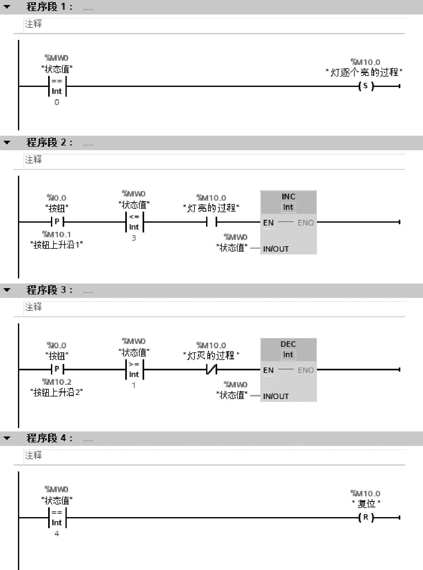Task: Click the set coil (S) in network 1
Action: click(x=366, y=86)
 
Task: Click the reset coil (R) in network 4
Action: click(x=366, y=517)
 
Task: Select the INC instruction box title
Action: click(x=288, y=197)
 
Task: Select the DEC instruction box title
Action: click(x=288, y=344)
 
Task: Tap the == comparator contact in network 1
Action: click(x=57, y=86)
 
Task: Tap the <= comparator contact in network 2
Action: click(x=134, y=222)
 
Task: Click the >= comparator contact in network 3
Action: click(x=134, y=369)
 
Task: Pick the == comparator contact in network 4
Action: click(x=57, y=517)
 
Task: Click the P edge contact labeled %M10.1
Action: click(x=57, y=222)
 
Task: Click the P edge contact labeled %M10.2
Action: click(x=57, y=369)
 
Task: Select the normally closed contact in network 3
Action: click(x=211, y=369)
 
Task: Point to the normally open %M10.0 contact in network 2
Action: click(x=211, y=222)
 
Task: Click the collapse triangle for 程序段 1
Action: click(x=7, y=7)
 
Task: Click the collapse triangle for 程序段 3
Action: click(x=7, y=290)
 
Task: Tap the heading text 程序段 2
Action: click(x=49, y=142)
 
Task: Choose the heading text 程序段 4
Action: click(x=49, y=438)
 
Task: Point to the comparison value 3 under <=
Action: click(x=134, y=238)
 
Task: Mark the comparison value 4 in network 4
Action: click(x=57, y=534)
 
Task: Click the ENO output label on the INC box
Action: click(x=306, y=223)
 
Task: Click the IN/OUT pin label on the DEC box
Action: click(x=276, y=396)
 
